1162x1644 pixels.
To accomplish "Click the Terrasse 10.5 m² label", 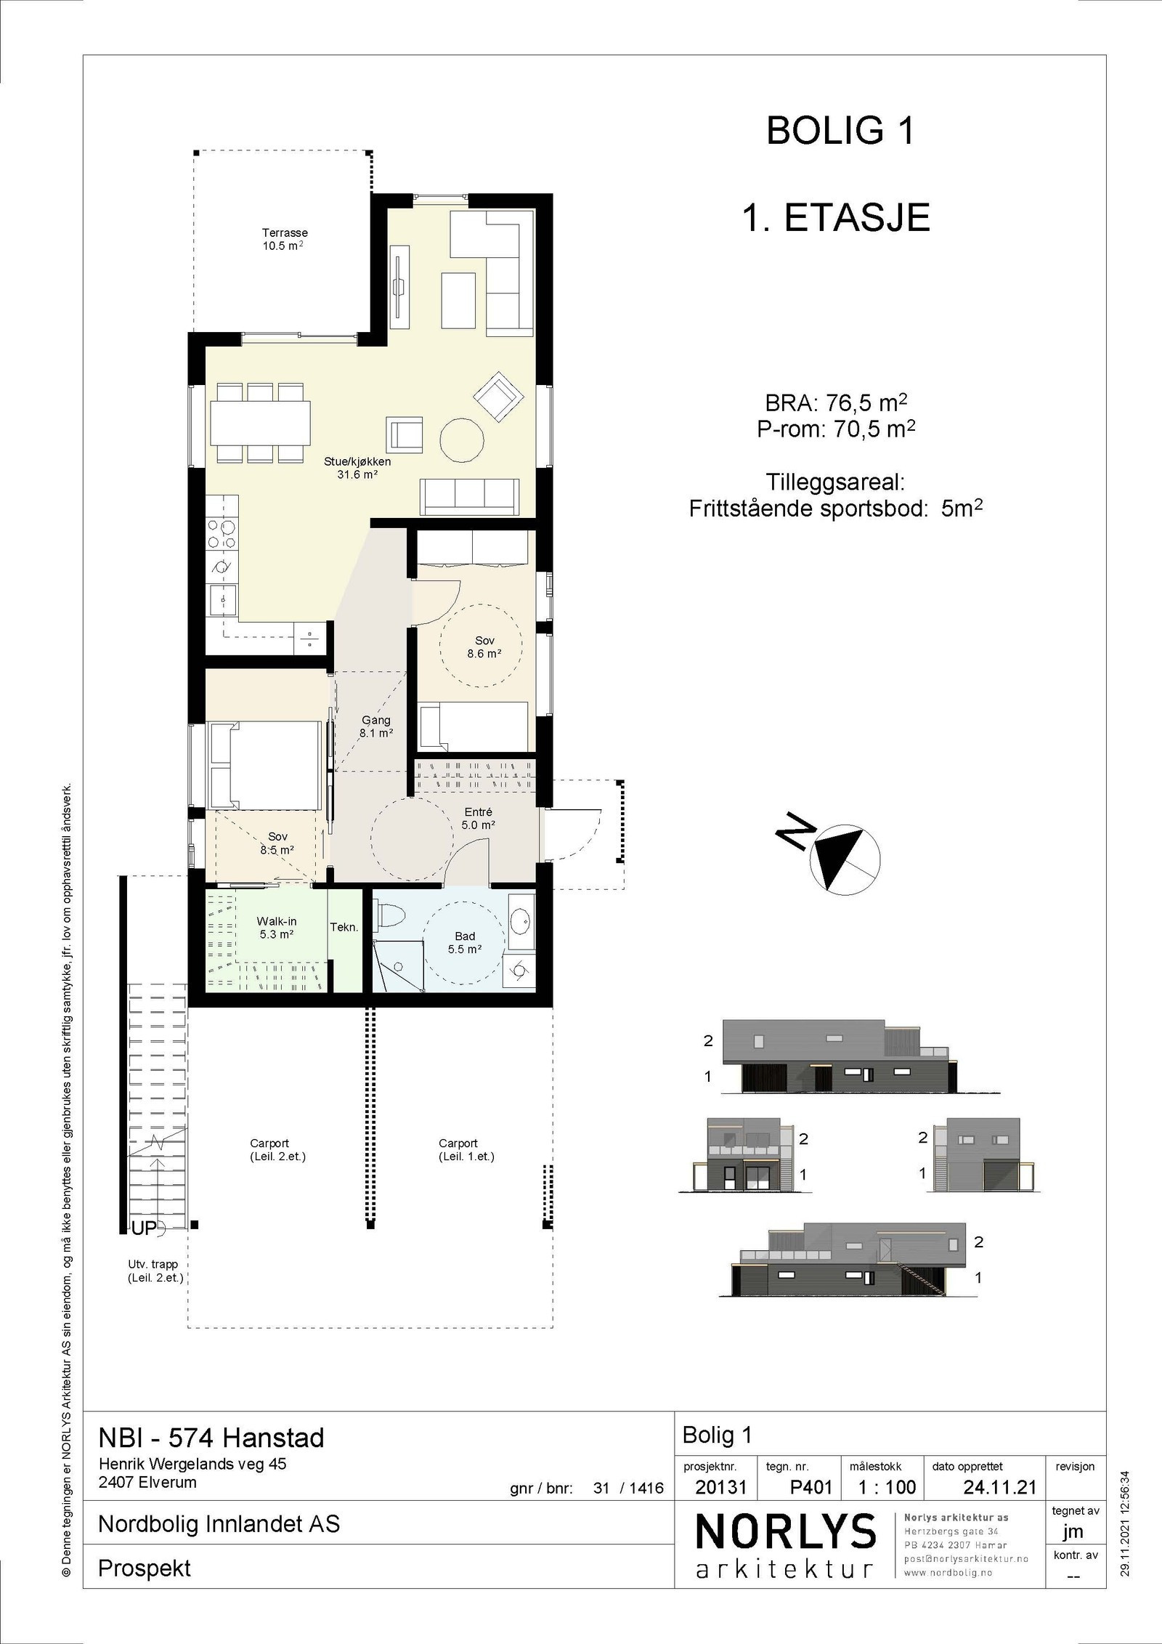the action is [285, 239].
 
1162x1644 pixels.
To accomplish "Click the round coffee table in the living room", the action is [462, 440].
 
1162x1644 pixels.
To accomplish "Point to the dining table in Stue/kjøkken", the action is [261, 422].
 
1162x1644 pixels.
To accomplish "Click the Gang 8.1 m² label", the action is [376, 726].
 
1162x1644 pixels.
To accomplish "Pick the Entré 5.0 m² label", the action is [478, 819].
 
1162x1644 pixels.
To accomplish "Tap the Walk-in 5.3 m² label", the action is [277, 928].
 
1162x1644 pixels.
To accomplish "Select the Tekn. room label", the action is [344, 928].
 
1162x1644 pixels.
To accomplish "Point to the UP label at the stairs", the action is [144, 1228].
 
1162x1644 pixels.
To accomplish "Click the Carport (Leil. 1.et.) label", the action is [466, 1150].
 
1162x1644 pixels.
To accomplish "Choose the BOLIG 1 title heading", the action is [840, 132].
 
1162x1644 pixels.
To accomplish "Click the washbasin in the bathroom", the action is [520, 921].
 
